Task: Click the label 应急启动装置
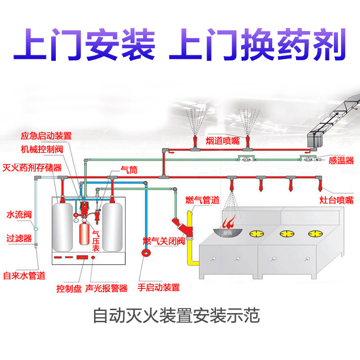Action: pyautogui.click(x=46, y=135)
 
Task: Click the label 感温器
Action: pyautogui.click(x=341, y=160)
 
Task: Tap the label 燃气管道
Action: pyautogui.click(x=202, y=199)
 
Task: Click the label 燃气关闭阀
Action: pyautogui.click(x=164, y=241)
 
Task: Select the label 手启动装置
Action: pyautogui.click(x=158, y=288)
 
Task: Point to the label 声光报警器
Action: pyautogui.click(x=106, y=288)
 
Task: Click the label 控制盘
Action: pyautogui.click(x=68, y=288)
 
